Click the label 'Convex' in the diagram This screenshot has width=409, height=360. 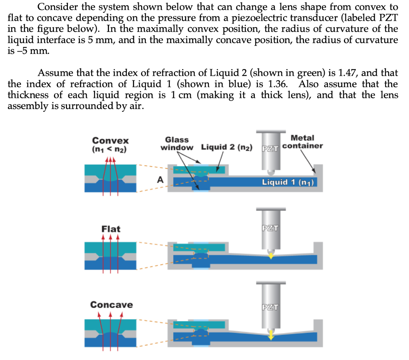pos(111,141)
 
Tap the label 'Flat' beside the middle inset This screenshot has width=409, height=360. pos(111,229)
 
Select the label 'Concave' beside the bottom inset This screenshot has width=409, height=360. pos(111,305)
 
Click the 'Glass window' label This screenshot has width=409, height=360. pos(177,143)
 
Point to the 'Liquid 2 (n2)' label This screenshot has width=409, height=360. pos(226,147)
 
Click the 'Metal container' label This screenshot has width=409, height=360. pos(303,142)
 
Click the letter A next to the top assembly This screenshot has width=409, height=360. pos(160,180)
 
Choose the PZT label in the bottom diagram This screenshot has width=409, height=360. pos(270,307)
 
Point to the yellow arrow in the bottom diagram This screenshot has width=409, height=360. pos(271,334)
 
